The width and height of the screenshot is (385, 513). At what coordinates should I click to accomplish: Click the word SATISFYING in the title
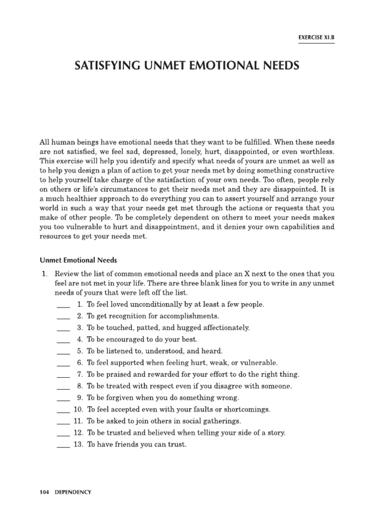click(111, 66)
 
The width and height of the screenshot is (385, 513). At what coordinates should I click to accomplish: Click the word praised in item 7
click(120, 374)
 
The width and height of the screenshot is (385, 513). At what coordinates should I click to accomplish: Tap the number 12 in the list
click(78, 433)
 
